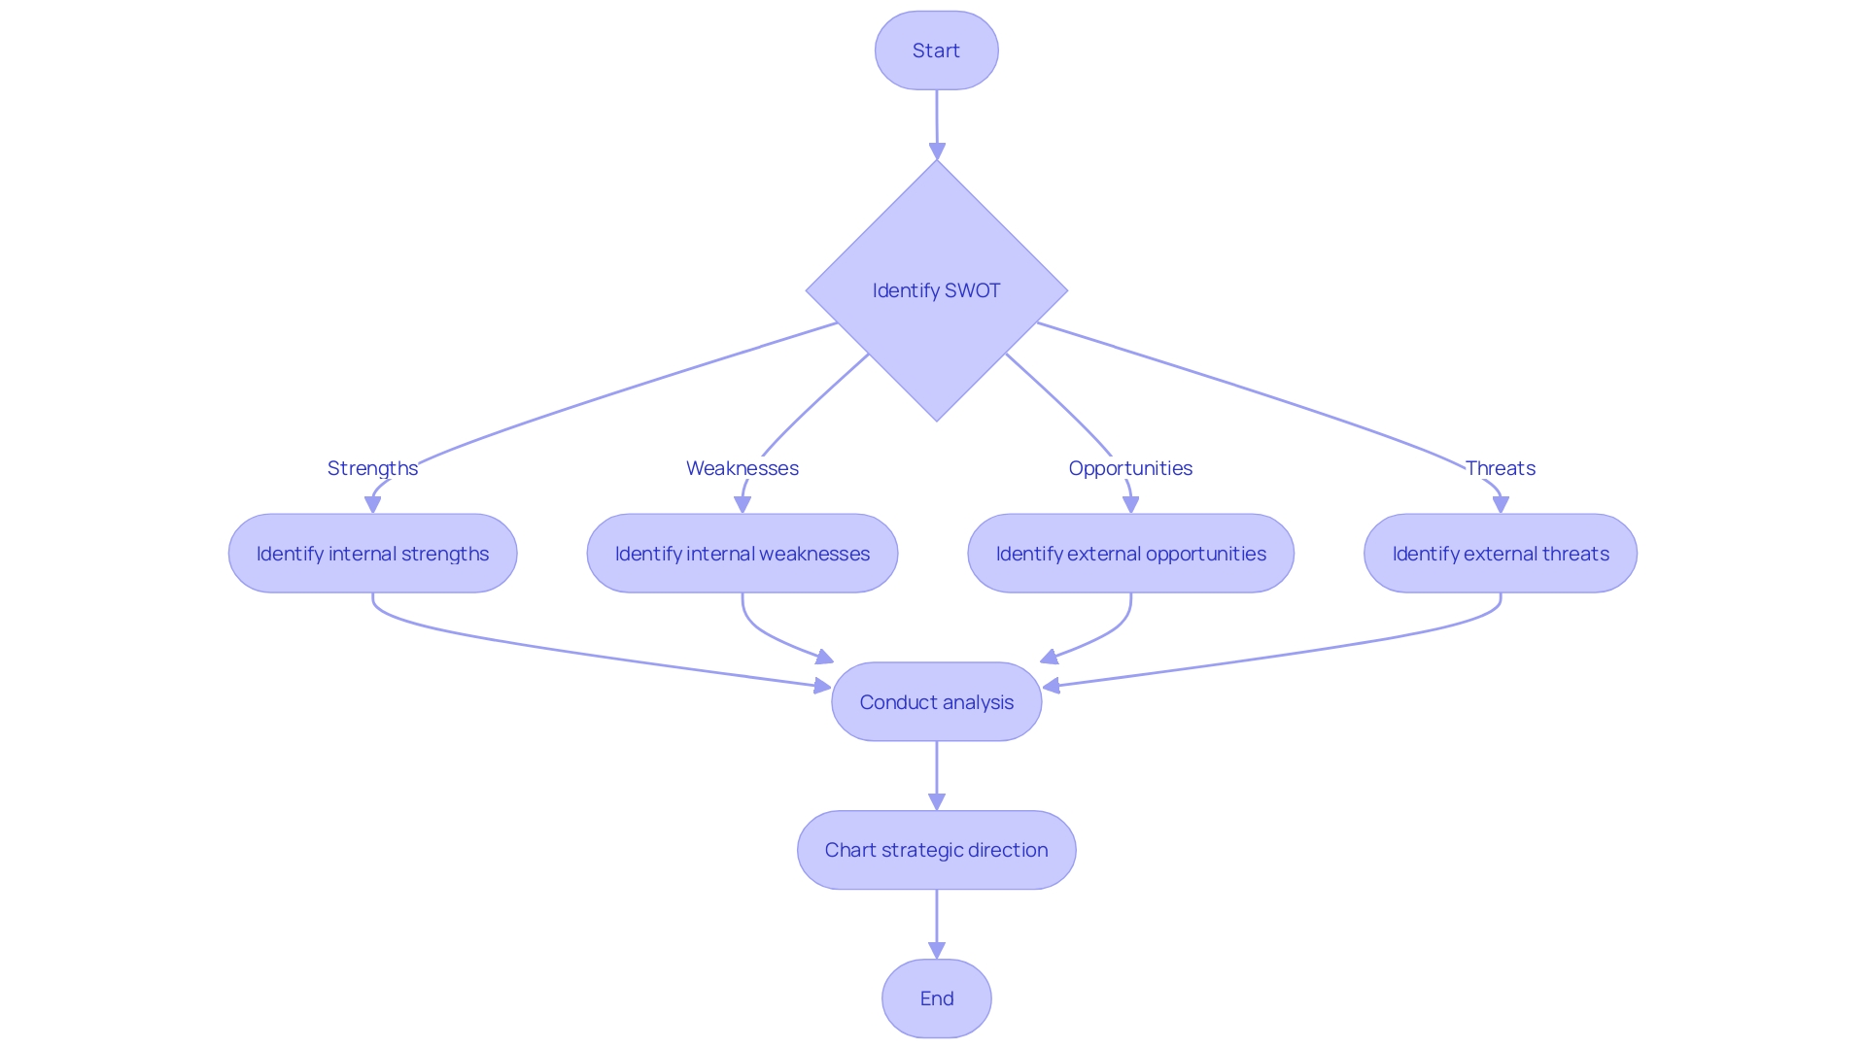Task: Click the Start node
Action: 936,51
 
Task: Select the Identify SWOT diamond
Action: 936,290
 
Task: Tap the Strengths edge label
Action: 372,468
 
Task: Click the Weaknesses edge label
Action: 742,468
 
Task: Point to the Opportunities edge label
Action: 1130,468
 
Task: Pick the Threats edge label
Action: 1500,468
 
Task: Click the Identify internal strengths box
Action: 372,554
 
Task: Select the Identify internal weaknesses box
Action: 742,554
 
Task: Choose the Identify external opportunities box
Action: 1130,554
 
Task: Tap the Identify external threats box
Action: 1500,554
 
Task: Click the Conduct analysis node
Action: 936,702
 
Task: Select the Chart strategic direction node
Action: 936,850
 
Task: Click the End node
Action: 936,998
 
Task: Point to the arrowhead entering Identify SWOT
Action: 937,152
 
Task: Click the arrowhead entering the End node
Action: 937,951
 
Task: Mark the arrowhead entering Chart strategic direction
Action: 937,802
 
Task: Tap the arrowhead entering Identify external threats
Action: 1501,505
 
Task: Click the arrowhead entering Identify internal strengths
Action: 372,505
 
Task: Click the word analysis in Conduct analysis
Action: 978,702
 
